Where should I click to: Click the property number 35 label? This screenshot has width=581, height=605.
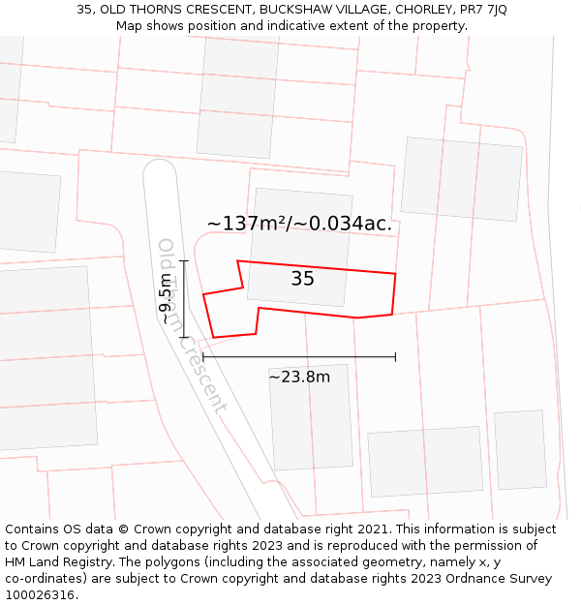[302, 279]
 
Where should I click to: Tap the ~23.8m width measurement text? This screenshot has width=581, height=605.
[299, 377]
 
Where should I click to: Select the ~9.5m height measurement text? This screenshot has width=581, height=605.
[167, 299]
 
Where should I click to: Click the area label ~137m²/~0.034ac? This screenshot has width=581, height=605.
[299, 224]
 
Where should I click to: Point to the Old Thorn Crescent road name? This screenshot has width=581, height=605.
[191, 325]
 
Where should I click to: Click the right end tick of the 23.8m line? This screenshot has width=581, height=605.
[395, 357]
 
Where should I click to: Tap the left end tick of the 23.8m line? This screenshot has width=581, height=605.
[203, 357]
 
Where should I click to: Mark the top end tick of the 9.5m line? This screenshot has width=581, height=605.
[184, 261]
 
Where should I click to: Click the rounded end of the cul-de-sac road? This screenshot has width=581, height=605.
[160, 172]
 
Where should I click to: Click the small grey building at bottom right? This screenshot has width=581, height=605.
[520, 449]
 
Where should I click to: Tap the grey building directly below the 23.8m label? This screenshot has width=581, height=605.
[310, 417]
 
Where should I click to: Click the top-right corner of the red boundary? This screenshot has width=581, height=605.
[395, 274]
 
